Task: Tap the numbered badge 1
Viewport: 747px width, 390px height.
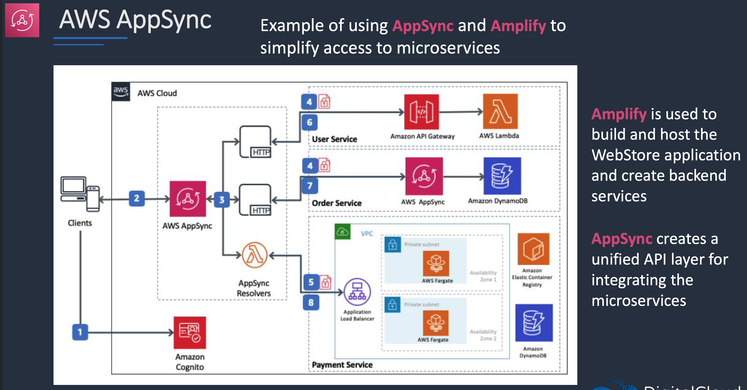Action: pos(80,332)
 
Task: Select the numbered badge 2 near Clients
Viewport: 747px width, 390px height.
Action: pos(137,199)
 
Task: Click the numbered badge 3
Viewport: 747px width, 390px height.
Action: pos(222,200)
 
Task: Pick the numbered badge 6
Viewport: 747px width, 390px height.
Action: pos(309,122)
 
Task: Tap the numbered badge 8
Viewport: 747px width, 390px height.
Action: pos(311,302)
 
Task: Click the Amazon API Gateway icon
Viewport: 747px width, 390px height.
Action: pos(421,112)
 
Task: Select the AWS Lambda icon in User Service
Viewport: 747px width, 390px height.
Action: pos(500,111)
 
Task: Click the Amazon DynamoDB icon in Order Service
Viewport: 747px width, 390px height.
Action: pos(502,176)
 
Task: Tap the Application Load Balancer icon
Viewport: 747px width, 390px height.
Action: pos(357,292)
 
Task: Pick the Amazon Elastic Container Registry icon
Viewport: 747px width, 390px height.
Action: pos(533,249)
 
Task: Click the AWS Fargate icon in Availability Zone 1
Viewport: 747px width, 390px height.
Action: pos(436,264)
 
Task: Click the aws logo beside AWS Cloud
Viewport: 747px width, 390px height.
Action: pos(121,92)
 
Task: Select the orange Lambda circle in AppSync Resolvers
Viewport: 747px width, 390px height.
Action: pos(255,255)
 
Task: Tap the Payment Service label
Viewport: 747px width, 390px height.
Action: pos(342,365)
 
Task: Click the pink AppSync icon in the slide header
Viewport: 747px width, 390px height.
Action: pos(22,20)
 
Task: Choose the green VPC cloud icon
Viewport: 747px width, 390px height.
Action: pos(342,231)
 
